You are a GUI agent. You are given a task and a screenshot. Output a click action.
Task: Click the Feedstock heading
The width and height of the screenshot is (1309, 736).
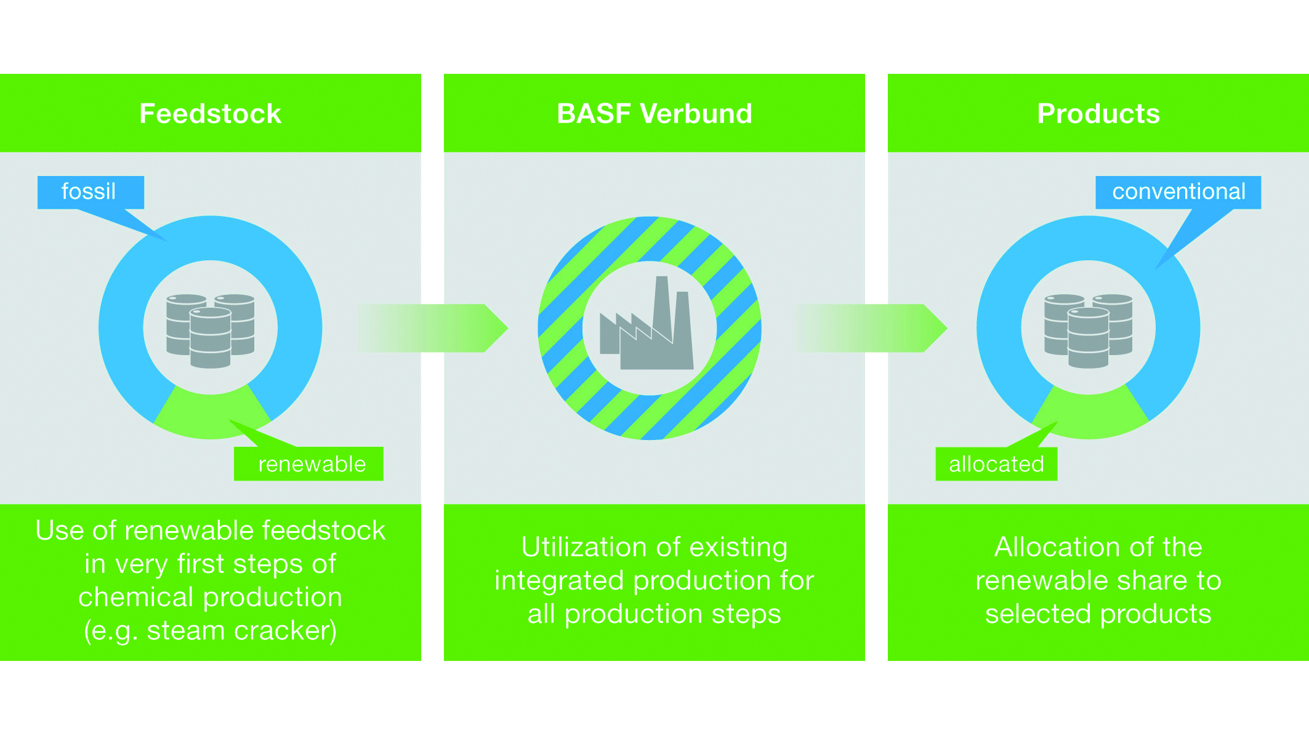(210, 114)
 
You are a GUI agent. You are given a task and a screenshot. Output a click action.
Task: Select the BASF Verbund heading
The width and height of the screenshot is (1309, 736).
(654, 114)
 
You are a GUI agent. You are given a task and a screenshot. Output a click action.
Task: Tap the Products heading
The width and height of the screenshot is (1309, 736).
(1098, 114)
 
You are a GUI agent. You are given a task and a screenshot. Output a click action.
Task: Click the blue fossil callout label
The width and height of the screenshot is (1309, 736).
(91, 192)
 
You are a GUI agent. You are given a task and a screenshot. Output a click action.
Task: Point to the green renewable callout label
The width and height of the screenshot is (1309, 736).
(308, 463)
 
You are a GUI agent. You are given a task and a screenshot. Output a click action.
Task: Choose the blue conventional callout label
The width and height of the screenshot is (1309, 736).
(1178, 192)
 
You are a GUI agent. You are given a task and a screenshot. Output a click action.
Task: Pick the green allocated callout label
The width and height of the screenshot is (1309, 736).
(996, 463)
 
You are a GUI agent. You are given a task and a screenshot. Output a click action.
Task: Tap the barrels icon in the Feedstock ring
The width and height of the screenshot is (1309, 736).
(211, 331)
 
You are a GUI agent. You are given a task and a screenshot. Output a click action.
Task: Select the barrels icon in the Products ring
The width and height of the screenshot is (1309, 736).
(1089, 331)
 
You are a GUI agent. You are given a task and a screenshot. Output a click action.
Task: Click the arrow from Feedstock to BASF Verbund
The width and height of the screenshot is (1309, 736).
(433, 328)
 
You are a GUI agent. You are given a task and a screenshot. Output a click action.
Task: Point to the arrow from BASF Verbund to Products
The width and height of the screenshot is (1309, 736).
(872, 328)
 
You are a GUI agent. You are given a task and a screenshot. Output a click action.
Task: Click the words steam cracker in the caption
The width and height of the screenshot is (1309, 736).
(242, 631)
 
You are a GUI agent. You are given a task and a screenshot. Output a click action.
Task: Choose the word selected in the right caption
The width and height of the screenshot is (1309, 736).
(1037, 614)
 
